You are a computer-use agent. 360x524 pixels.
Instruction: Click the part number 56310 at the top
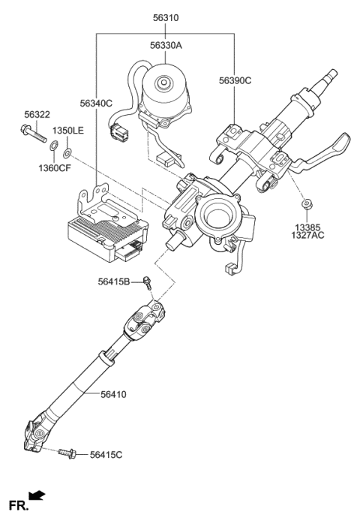click(x=165, y=17)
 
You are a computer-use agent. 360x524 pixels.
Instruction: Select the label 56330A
click(x=165, y=46)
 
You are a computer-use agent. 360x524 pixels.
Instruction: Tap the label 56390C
click(x=235, y=80)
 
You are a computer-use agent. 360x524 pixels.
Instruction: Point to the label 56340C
click(x=97, y=103)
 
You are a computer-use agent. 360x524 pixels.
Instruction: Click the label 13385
click(x=307, y=225)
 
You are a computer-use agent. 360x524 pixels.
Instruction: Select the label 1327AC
click(x=307, y=235)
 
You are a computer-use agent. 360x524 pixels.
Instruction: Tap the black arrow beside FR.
click(x=37, y=495)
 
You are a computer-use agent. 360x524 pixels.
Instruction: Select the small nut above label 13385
click(x=307, y=203)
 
